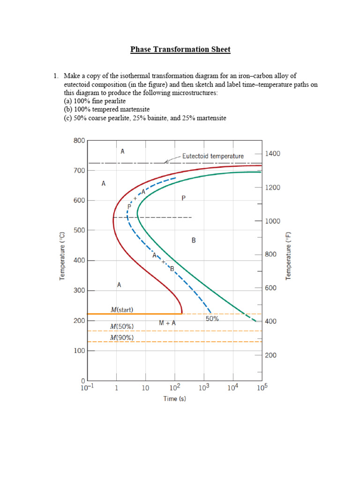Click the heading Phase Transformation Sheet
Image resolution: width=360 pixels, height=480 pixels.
click(180, 49)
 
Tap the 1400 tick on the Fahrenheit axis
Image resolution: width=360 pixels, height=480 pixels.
click(273, 153)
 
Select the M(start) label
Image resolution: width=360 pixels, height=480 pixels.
click(122, 309)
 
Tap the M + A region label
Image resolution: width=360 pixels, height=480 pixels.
click(167, 323)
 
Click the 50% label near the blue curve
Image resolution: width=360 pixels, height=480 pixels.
click(212, 319)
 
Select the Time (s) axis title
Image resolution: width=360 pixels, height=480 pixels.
click(173, 398)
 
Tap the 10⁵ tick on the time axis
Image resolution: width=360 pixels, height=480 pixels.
click(261, 387)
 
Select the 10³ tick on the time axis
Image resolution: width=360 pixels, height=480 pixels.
click(203, 387)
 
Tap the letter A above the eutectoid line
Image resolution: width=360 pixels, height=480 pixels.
click(122, 151)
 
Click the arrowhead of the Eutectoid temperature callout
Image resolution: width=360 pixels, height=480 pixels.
click(166, 162)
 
